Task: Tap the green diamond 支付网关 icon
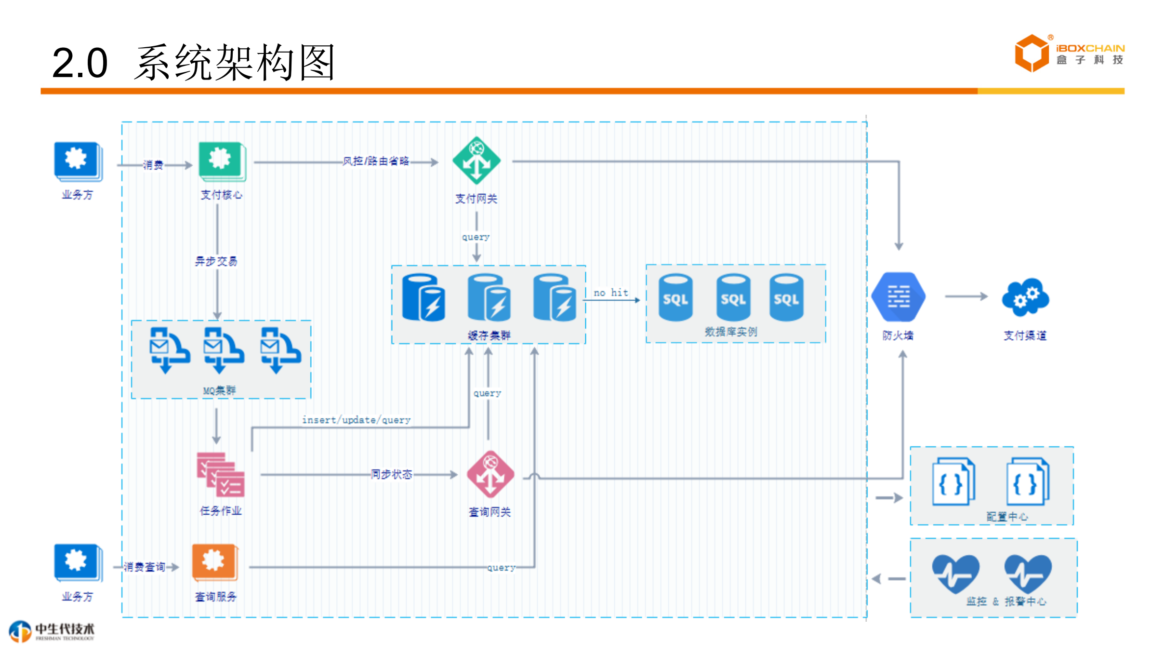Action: tap(476, 160)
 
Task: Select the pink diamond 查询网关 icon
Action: tap(490, 474)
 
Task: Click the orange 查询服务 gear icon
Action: tap(214, 562)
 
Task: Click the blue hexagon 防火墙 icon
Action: tap(898, 297)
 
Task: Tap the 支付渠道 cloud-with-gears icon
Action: tap(1025, 297)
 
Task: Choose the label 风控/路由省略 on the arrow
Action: tap(376, 161)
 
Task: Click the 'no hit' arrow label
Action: tap(610, 293)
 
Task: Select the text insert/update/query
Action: tap(356, 420)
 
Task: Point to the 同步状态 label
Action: tap(391, 474)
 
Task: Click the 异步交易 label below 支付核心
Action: tap(216, 261)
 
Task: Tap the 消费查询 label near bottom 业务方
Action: tap(145, 567)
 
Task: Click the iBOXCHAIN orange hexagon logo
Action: tap(1032, 53)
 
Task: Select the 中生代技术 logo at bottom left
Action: tap(52, 631)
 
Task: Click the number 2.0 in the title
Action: tap(79, 63)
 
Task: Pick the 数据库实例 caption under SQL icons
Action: tap(731, 332)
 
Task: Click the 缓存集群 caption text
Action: tap(489, 335)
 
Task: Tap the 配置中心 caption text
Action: tap(1006, 517)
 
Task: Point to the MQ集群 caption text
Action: tap(219, 390)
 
